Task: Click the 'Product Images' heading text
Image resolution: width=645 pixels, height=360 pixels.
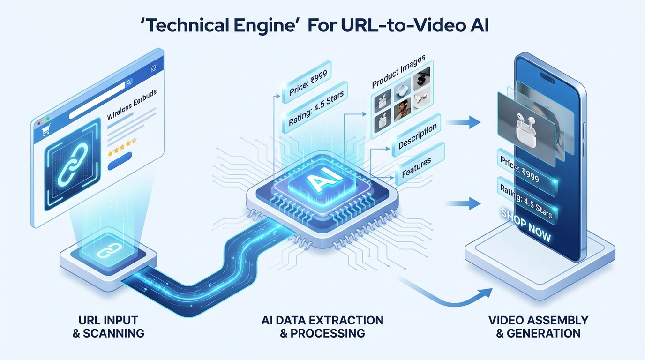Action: click(398, 72)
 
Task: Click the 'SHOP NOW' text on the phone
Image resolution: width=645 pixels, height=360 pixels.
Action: click(526, 224)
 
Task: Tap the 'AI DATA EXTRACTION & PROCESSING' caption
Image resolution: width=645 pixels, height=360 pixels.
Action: click(322, 327)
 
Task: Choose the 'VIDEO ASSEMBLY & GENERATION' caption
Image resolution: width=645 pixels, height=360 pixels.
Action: click(538, 327)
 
